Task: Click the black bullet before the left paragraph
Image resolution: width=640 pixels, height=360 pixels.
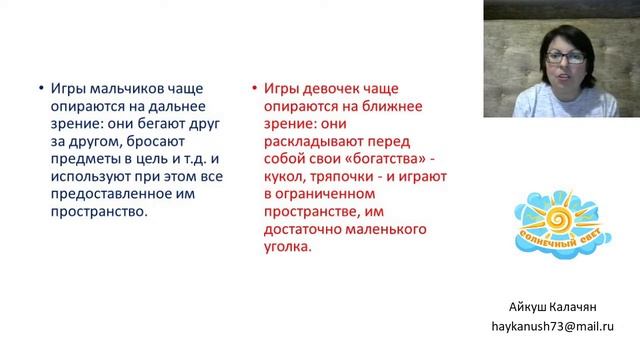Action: click(38, 88)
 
